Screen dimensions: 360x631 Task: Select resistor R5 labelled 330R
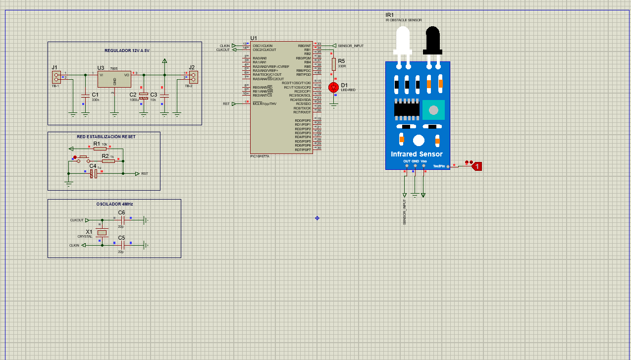coord(333,62)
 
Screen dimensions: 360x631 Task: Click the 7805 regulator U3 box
coord(114,79)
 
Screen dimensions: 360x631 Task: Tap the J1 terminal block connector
coord(56,77)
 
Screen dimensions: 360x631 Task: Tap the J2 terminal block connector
coord(193,77)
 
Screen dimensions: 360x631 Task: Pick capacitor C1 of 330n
coord(85,95)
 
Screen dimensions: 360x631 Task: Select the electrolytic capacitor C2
coord(144,96)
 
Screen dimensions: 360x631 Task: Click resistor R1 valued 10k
coord(100,148)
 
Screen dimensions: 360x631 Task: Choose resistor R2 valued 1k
coord(108,161)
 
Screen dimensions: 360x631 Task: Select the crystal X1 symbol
coord(102,233)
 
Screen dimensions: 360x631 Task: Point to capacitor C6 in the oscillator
coord(122,219)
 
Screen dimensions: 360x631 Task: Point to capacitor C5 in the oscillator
coord(122,245)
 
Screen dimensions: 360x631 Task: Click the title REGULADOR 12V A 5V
coord(127,51)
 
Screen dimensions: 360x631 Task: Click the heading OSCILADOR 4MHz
coord(114,204)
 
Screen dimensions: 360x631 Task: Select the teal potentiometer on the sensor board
coord(433,110)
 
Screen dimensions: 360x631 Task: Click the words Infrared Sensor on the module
coord(417,154)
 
